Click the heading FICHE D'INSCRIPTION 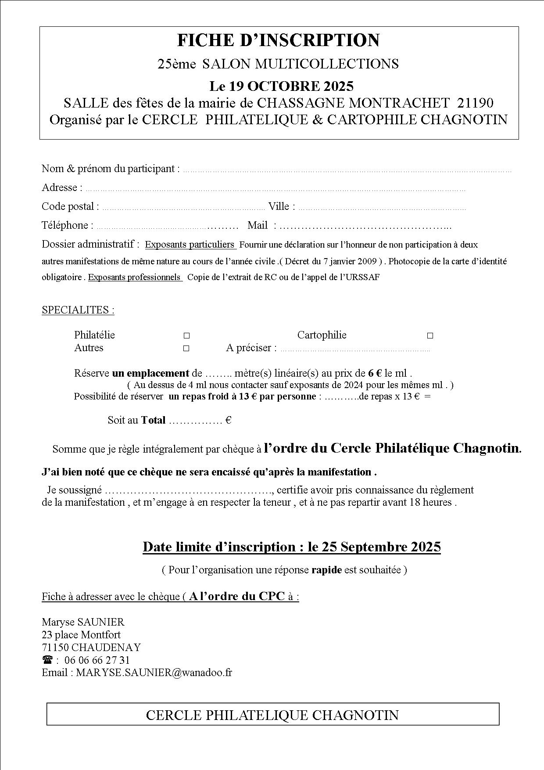click(278, 40)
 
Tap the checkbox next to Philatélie click(186, 336)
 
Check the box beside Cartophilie click(430, 336)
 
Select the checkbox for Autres click(186, 349)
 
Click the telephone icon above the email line click(47, 660)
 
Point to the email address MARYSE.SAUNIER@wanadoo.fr click(154, 673)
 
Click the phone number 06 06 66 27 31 click(97, 660)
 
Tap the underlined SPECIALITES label click(78, 310)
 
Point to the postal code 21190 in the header click(475, 103)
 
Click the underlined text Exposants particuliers click(190, 245)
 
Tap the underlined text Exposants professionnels click(134, 277)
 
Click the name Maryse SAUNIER click(83, 622)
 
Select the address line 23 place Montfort click(81, 635)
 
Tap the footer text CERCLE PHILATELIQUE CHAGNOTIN click(272, 715)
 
